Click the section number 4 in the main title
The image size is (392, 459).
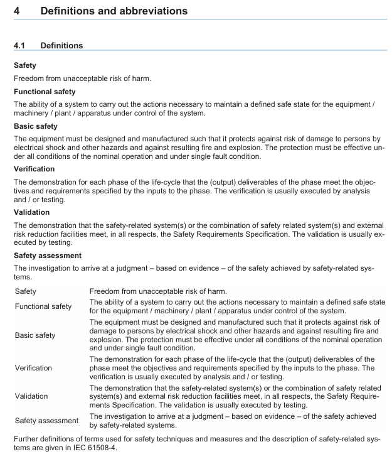[18, 11]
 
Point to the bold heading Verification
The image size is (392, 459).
[34, 169]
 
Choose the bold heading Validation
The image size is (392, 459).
[31, 212]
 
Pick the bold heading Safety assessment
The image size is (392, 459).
[48, 256]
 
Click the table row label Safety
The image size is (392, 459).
[26, 291]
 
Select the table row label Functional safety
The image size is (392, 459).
[43, 306]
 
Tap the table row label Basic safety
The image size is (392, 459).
[35, 335]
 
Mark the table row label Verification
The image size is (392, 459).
[33, 368]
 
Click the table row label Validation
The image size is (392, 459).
[31, 396]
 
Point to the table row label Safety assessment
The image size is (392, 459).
[46, 421]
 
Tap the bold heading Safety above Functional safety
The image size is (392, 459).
[25, 65]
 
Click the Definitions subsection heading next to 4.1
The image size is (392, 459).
[61, 46]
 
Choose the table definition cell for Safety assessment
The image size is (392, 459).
[233, 421]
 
